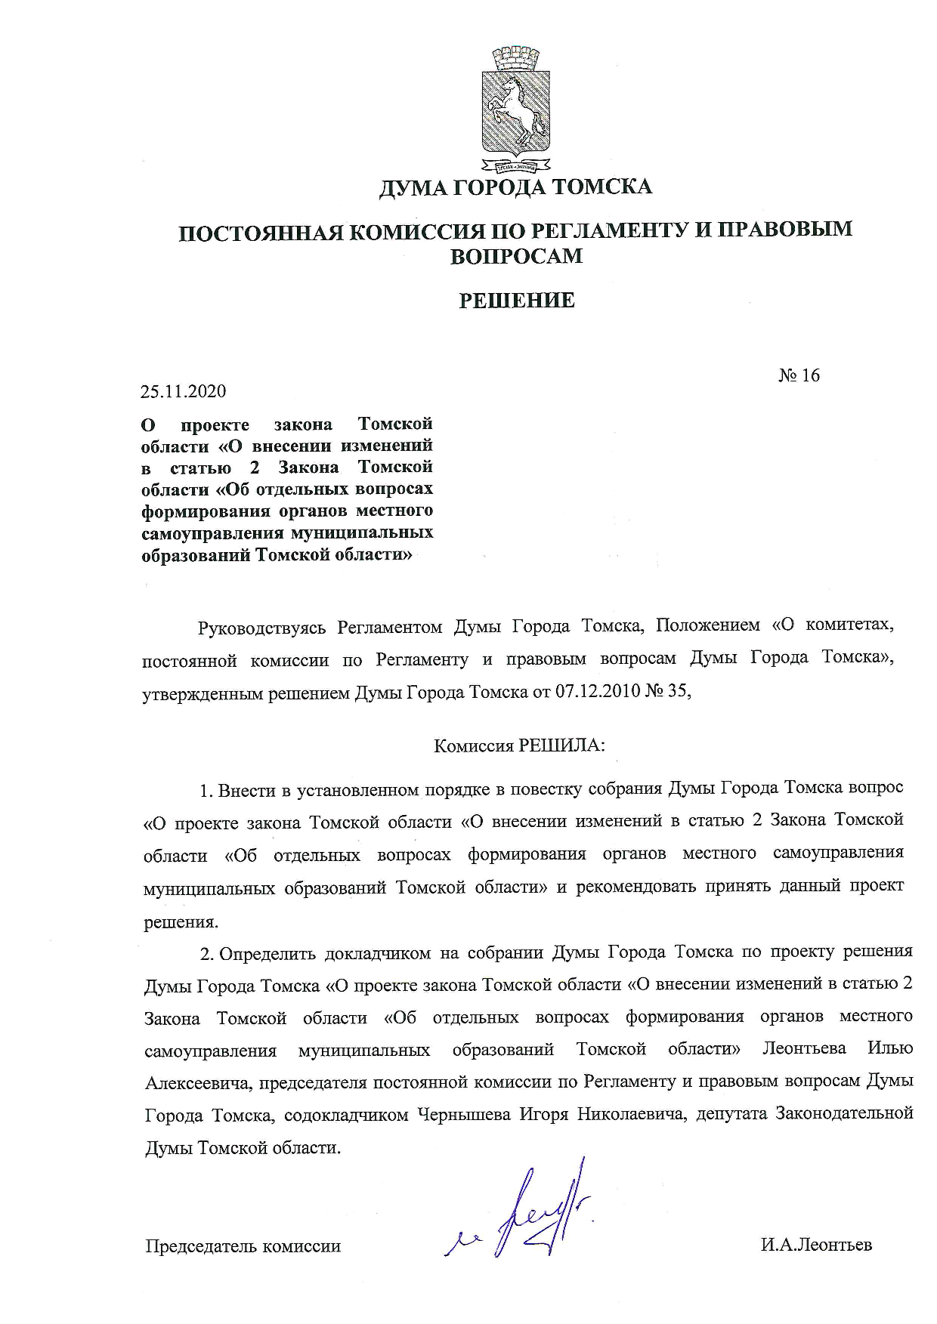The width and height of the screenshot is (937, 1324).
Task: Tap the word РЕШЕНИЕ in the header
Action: tap(518, 301)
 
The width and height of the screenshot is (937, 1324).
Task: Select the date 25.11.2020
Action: tap(183, 391)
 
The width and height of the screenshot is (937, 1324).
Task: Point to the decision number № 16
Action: tap(799, 375)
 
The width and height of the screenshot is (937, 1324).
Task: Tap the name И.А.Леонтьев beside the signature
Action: tap(816, 1245)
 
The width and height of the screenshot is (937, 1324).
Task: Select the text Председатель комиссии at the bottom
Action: tap(243, 1246)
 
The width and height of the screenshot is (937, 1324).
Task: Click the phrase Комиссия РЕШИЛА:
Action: tap(519, 746)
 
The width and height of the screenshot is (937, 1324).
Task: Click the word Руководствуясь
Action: tap(261, 628)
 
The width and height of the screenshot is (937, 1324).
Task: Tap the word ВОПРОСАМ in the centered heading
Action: tap(517, 257)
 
